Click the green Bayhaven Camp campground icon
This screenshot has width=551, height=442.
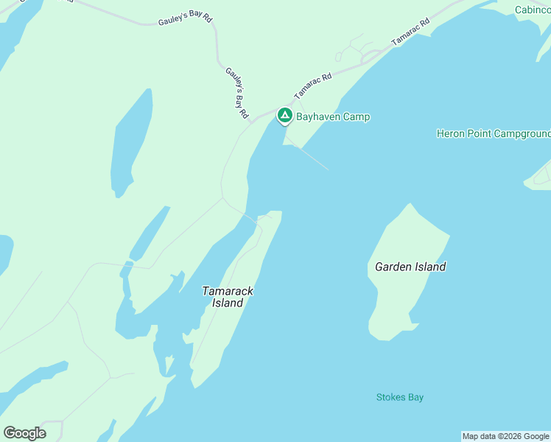point(284,116)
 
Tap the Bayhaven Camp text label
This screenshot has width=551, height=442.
point(333,116)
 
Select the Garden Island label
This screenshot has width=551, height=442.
point(410,267)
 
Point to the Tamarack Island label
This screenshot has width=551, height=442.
point(228,297)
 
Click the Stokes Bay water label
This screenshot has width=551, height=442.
point(400,398)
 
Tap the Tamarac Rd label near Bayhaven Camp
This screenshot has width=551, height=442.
point(313,85)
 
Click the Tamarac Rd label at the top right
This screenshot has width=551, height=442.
point(410,33)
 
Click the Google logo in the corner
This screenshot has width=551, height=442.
point(24,433)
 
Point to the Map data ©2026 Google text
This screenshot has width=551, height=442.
point(505,436)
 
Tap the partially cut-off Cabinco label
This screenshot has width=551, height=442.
point(533,10)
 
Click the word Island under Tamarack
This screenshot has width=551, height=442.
point(228,303)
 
